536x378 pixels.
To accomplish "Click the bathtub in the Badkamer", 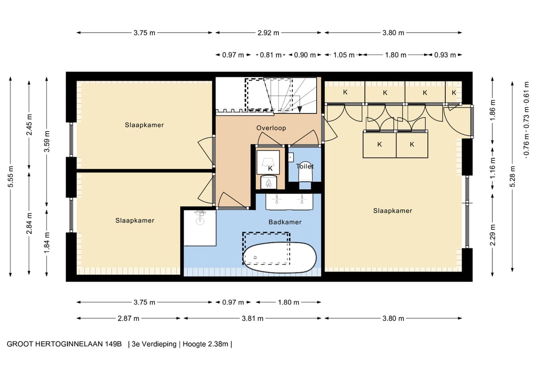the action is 279,258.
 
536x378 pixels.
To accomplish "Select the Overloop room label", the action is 271,128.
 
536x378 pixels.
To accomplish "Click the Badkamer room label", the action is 285,222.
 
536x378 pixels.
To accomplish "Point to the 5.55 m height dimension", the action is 10,176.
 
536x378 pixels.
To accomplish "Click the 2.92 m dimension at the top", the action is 268,33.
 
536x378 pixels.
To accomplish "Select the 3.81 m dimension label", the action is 253,319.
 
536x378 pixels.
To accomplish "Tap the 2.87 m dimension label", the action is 129,319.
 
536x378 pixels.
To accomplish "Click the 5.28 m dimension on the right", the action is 512,176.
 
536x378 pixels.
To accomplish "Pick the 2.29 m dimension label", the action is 493,235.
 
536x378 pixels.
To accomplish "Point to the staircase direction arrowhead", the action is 300,109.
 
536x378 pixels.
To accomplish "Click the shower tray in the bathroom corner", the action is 200,228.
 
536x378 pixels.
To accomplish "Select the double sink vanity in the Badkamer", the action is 289,201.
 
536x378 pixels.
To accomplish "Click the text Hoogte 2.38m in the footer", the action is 205,344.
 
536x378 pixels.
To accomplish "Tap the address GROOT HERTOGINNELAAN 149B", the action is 64,344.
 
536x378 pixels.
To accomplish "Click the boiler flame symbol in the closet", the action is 268,182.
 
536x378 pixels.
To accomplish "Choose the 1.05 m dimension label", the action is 344,55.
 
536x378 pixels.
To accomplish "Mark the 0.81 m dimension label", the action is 271,55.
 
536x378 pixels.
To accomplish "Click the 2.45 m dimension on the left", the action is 29,124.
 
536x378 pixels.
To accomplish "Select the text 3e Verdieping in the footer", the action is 154,344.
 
